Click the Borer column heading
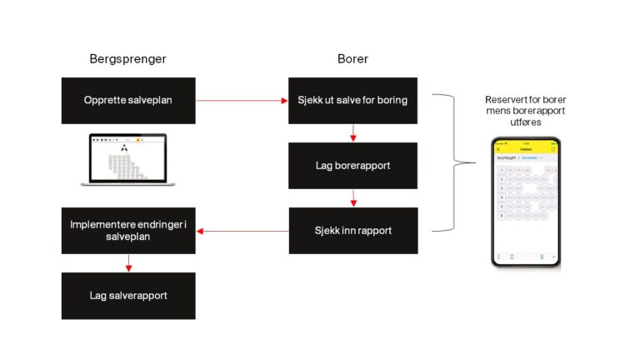(x=352, y=59)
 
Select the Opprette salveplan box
(x=128, y=101)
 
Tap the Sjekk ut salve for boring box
(x=352, y=101)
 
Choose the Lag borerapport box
(x=352, y=165)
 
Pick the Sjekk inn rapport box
(x=352, y=231)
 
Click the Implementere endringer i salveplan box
(x=128, y=231)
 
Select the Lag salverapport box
(x=128, y=296)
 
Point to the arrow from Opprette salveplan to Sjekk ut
(x=242, y=101)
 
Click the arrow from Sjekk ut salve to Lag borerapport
(x=353, y=133)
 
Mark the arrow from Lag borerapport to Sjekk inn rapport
(x=353, y=198)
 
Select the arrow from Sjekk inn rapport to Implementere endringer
(x=242, y=231)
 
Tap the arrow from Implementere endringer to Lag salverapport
(x=128, y=263)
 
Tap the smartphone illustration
(x=525, y=202)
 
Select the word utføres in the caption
(x=525, y=122)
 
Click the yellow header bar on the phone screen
(x=525, y=148)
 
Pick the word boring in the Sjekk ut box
(x=392, y=101)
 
